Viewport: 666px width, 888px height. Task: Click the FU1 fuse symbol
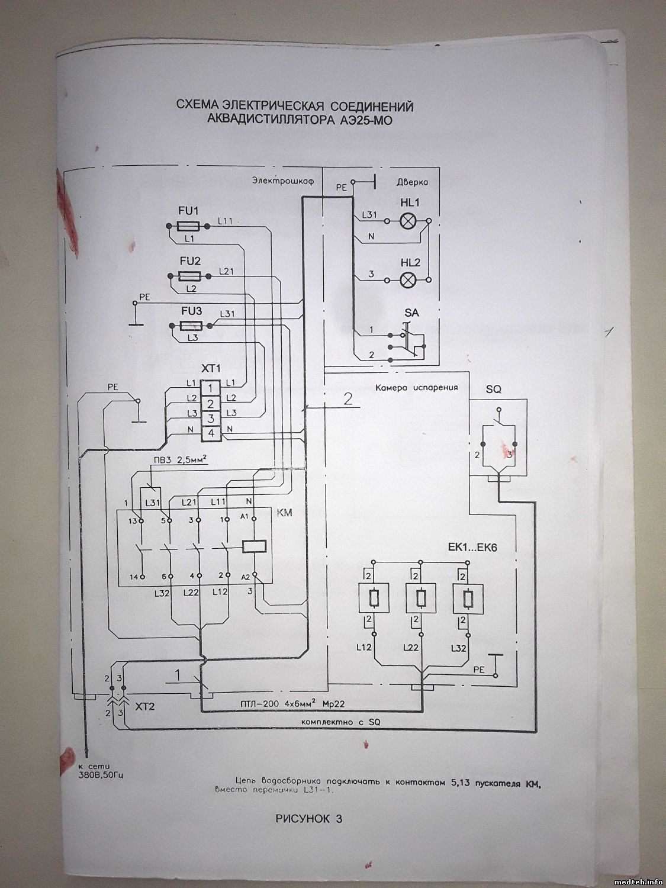[188, 226]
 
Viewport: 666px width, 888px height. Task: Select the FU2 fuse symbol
[189, 276]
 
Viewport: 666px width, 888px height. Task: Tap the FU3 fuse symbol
[190, 326]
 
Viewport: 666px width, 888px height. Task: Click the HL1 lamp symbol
[408, 221]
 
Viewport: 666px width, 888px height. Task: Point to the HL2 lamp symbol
[408, 279]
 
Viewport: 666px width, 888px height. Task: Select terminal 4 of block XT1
[211, 434]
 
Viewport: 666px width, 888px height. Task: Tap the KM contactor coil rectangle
[254, 546]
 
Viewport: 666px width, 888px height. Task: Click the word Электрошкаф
[282, 180]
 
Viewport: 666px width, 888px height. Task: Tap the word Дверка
[412, 183]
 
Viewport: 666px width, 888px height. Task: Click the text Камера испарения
[417, 388]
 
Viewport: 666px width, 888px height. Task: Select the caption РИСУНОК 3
[309, 820]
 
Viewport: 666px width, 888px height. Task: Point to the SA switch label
[411, 312]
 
